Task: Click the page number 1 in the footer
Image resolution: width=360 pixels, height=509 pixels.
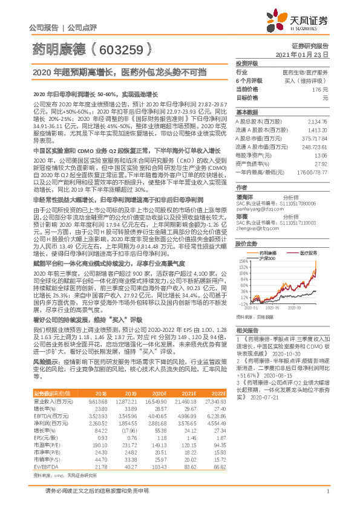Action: point(327,498)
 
